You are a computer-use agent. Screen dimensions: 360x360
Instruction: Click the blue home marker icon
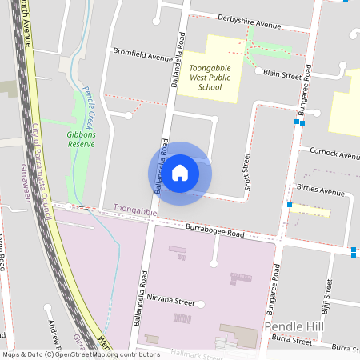point(180,173)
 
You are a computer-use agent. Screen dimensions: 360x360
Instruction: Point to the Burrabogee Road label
point(214,232)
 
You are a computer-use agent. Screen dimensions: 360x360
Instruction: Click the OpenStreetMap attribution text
point(70,354)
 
